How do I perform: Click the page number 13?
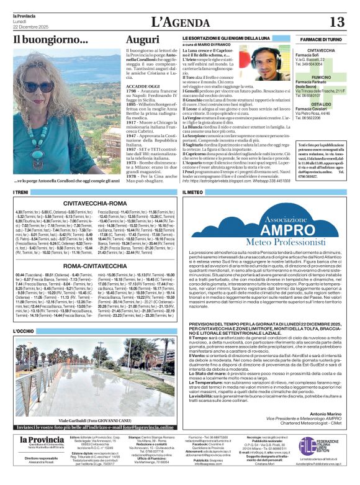336,22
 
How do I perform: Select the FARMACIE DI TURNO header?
320,39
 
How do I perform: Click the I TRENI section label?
20,193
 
